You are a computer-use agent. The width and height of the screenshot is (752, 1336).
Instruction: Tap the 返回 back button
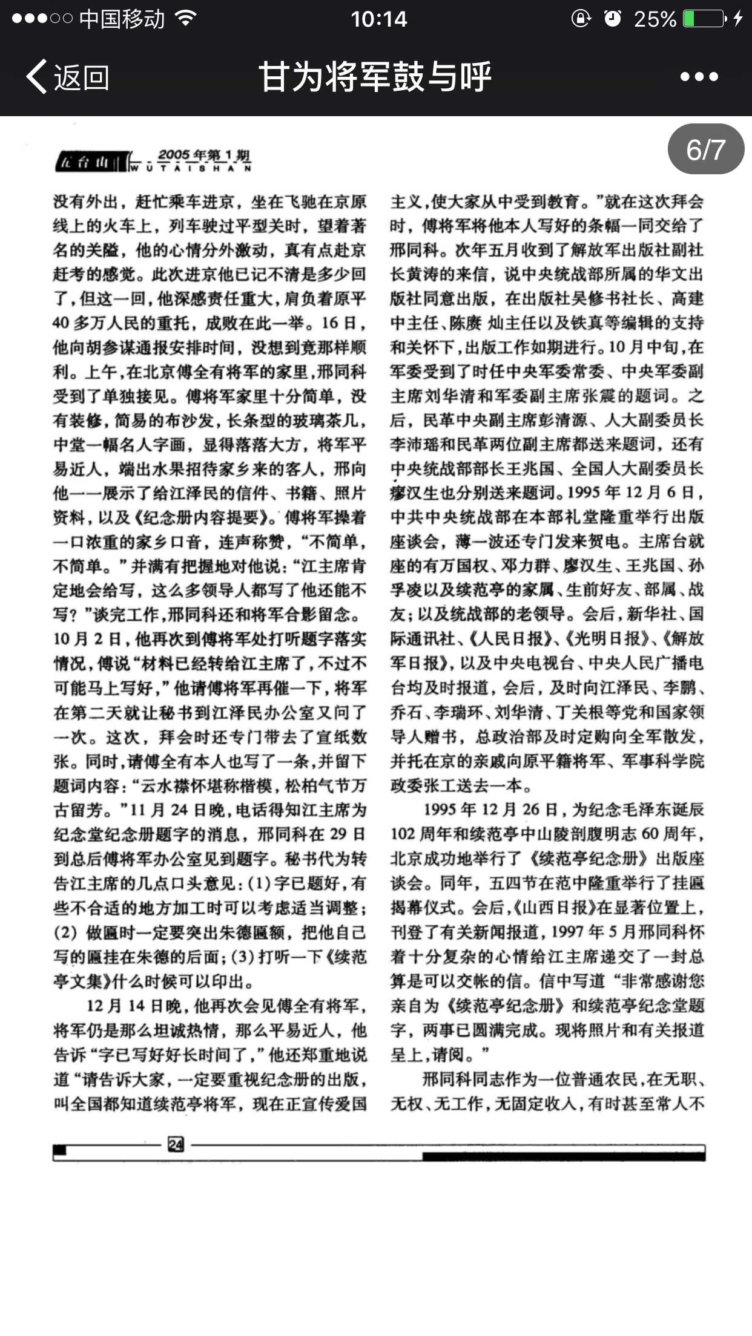tap(68, 77)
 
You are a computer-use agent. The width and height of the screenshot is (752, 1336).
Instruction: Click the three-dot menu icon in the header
tap(699, 77)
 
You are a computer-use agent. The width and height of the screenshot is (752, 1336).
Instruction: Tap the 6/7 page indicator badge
tap(705, 149)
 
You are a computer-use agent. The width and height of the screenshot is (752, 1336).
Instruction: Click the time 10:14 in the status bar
tap(379, 19)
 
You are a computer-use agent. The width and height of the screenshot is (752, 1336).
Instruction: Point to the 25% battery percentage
tap(655, 19)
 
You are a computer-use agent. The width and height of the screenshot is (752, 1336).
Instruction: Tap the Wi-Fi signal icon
tap(185, 19)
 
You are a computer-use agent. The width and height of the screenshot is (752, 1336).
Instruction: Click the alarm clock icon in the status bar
tap(613, 19)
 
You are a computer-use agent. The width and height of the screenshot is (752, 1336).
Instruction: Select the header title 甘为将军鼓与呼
tap(375, 77)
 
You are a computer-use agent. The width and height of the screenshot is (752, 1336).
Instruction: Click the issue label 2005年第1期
tap(204, 156)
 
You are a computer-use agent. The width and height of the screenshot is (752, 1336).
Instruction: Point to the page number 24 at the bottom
tap(176, 1144)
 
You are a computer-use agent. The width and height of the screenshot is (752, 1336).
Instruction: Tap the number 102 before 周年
tap(402, 834)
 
